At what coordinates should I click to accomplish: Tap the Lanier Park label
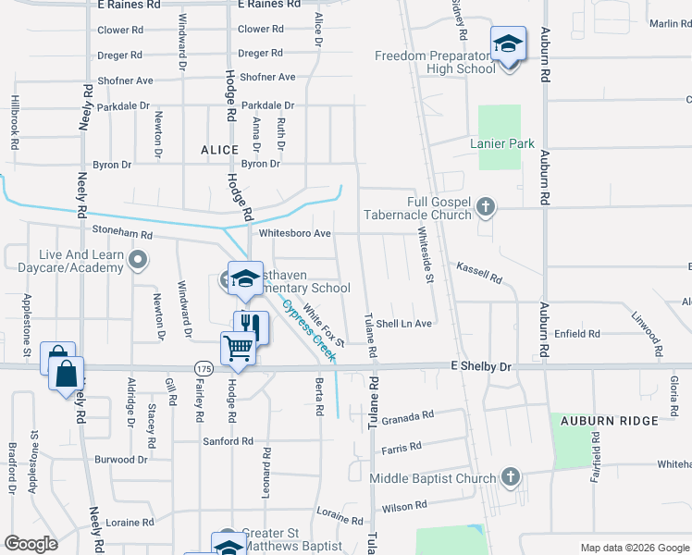(502, 143)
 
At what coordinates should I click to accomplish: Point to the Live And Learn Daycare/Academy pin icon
(138, 259)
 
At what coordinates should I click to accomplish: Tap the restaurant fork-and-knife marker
(250, 327)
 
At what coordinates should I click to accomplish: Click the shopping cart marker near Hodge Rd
(238, 348)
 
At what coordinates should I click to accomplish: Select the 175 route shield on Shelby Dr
(203, 368)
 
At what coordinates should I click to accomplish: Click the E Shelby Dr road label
(480, 366)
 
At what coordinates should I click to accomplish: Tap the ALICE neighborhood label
(220, 149)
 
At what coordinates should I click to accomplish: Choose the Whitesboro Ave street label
(295, 233)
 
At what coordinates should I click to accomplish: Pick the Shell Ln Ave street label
(403, 324)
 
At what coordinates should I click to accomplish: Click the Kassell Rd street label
(478, 272)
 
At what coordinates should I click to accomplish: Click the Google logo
(31, 544)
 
